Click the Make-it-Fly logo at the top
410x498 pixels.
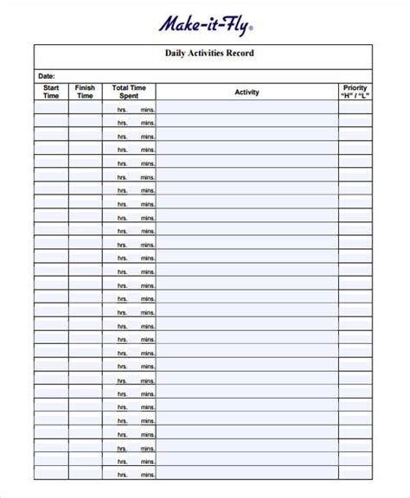[x=204, y=27]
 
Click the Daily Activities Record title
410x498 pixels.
[x=209, y=54]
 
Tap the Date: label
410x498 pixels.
[x=46, y=76]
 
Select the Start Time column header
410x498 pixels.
[x=51, y=92]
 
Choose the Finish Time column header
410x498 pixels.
[x=85, y=92]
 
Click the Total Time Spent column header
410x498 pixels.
[x=129, y=92]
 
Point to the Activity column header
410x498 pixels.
[x=247, y=92]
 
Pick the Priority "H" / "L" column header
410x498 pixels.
[x=355, y=92]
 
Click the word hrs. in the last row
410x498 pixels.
[x=123, y=474]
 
